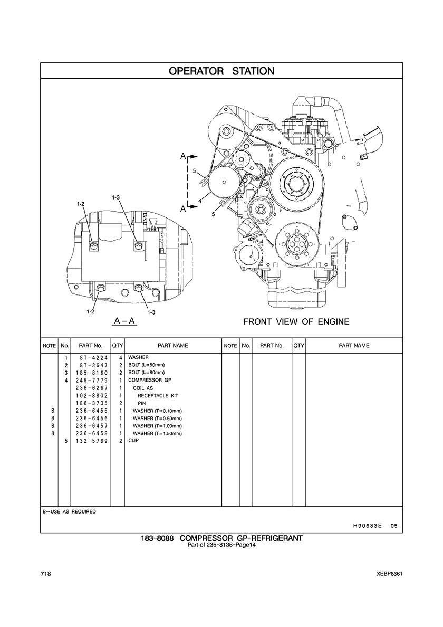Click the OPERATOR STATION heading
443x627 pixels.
tap(221, 71)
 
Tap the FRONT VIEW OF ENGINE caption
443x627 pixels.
tap(296, 321)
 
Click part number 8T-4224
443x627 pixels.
tap(91, 357)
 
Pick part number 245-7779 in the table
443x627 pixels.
tap(91, 381)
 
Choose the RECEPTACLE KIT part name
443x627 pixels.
tap(158, 396)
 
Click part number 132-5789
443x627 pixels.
tap(91, 441)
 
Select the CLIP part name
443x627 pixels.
tap(134, 441)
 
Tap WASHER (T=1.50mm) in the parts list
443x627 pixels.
tap(157, 433)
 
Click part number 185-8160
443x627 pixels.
tap(91, 373)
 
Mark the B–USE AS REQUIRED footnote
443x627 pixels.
tap(69, 511)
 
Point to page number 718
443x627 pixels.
tap(45, 574)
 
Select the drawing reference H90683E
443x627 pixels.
tap(365, 526)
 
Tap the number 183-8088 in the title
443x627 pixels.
tap(157, 538)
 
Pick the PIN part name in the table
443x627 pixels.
tap(142, 403)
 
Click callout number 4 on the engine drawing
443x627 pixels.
tap(200, 202)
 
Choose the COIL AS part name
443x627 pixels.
tap(143, 388)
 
